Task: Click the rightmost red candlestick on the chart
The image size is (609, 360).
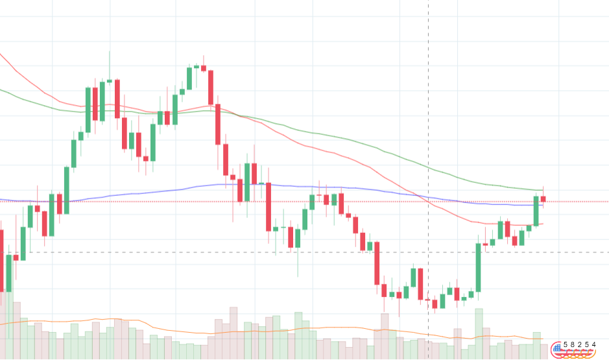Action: [x=543, y=199]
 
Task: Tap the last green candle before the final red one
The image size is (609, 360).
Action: [x=536, y=211]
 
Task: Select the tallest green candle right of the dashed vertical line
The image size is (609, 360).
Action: [x=478, y=268]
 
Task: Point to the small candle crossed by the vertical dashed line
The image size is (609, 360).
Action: [x=428, y=300]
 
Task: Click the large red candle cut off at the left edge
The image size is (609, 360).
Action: [x=1, y=260]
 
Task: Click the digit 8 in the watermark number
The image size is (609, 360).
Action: [x=572, y=344]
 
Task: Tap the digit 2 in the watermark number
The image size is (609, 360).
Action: [x=579, y=344]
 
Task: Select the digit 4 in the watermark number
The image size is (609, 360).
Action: [x=593, y=344]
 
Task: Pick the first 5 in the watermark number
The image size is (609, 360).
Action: [x=565, y=344]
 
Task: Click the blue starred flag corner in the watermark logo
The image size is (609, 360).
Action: [x=557, y=347]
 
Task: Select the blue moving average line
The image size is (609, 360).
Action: [x=272, y=186]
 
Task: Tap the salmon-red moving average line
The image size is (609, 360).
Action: [x=272, y=128]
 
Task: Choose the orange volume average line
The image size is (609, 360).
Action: [x=272, y=330]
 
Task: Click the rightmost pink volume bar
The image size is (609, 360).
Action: [x=543, y=352]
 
